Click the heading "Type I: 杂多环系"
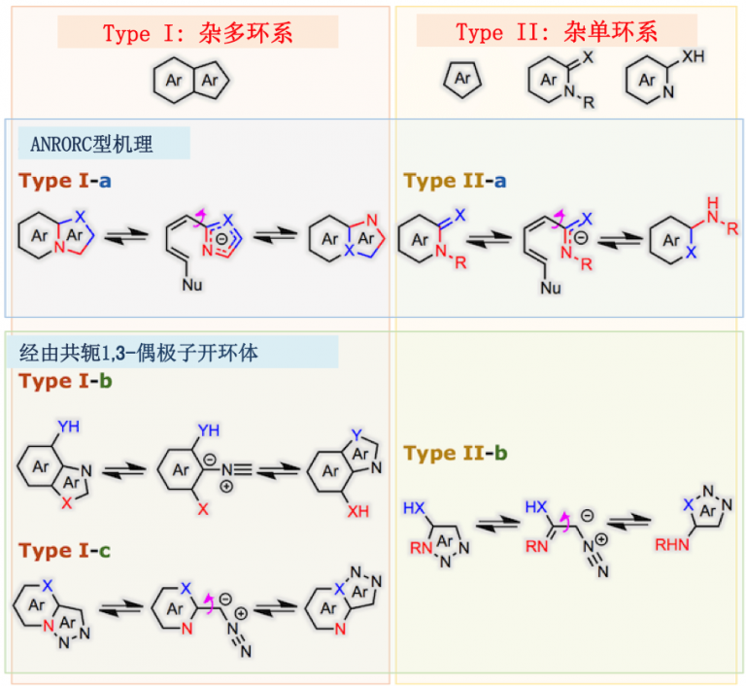198,32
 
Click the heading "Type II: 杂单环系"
557,32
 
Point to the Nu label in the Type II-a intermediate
551,288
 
